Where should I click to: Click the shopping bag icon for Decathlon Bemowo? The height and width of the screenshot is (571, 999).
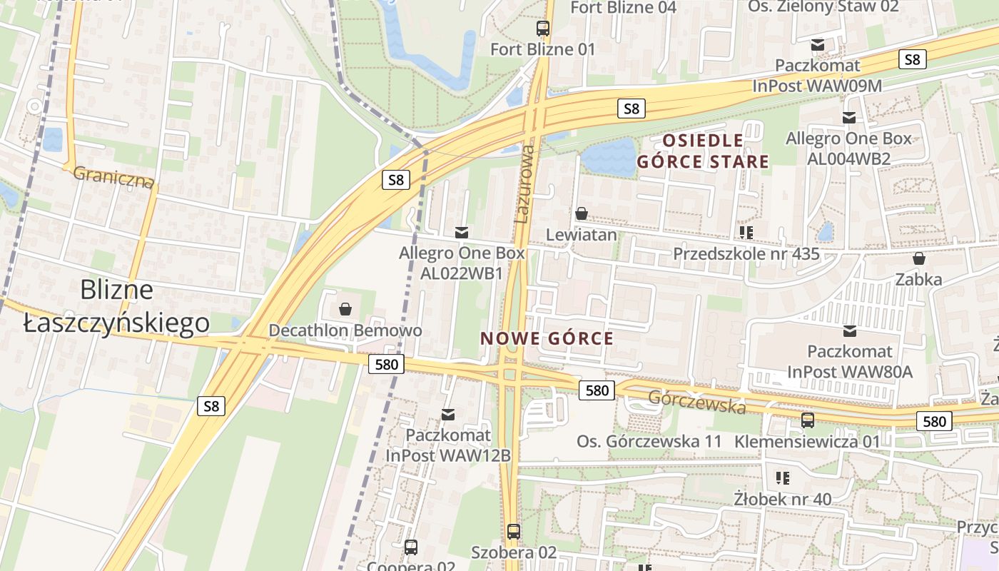(x=345, y=309)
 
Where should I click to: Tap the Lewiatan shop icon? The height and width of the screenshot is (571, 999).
(x=582, y=213)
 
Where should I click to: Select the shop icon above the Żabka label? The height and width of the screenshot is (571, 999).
(x=919, y=258)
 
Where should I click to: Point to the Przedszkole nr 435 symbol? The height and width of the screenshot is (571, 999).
(x=746, y=232)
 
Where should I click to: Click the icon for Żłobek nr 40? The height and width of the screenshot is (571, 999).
(x=783, y=477)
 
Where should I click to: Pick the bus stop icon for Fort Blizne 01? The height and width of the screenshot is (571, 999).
(x=543, y=29)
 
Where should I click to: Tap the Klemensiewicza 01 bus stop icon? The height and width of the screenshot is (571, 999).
(x=808, y=420)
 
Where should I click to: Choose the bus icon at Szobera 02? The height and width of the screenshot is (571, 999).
(x=514, y=532)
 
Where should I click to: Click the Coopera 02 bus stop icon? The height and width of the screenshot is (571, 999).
(x=411, y=547)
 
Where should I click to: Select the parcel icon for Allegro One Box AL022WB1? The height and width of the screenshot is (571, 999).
(x=462, y=232)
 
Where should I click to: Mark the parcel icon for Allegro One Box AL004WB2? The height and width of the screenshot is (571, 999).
(x=849, y=117)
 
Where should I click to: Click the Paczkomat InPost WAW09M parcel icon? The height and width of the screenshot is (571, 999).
(x=818, y=44)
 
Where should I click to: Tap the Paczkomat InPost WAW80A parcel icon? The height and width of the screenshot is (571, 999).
(x=850, y=330)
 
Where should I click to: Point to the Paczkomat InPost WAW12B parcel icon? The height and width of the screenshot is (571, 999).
(x=448, y=414)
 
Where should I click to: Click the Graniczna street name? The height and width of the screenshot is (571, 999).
(x=113, y=177)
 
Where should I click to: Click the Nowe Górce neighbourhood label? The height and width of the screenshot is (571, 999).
(x=547, y=338)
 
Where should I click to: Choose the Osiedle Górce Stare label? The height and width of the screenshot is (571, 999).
(x=703, y=151)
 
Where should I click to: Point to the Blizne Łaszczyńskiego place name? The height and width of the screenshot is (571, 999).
(x=117, y=306)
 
